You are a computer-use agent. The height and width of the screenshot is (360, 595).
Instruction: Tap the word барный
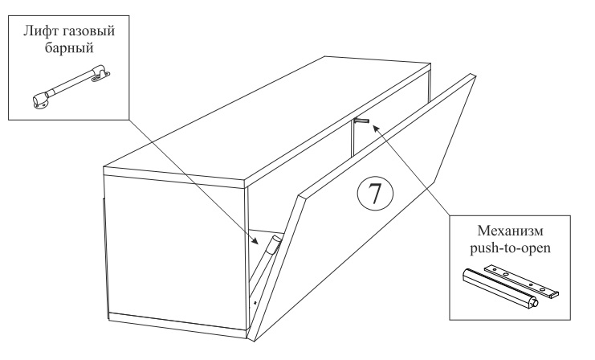click(69, 48)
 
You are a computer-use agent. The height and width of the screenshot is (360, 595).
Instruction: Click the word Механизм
click(510, 231)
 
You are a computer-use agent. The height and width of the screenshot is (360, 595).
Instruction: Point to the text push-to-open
click(510, 248)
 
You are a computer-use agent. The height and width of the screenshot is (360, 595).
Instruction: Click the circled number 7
click(375, 194)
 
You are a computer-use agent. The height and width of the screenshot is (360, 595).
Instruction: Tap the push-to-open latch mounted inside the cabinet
click(361, 121)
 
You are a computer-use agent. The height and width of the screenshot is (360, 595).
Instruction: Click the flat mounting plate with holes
click(522, 280)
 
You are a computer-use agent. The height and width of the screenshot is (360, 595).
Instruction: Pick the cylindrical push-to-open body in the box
click(499, 288)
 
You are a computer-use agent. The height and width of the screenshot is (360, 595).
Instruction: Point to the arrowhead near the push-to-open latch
click(375, 129)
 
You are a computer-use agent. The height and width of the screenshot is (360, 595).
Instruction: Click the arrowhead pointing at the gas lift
click(255, 240)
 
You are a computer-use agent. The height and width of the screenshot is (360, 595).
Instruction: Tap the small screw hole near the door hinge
click(255, 302)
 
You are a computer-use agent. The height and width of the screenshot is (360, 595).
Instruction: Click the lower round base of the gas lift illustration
click(40, 100)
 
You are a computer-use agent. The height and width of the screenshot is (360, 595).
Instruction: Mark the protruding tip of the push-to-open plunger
click(536, 303)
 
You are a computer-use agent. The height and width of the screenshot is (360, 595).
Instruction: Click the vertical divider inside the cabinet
click(352, 138)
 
